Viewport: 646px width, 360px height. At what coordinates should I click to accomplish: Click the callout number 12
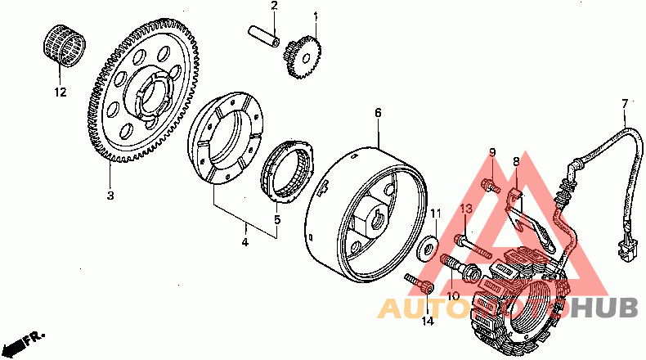[x=59, y=92]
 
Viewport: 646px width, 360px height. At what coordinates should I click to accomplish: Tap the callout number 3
[x=110, y=196]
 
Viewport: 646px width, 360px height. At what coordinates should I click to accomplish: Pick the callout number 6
[x=378, y=112]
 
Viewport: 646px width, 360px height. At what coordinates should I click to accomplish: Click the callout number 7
[x=625, y=104]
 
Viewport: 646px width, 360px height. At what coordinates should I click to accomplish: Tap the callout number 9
[x=492, y=153]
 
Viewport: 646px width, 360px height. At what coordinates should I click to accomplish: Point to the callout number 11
[x=436, y=214]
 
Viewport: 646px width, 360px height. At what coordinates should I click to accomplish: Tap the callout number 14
[x=427, y=322]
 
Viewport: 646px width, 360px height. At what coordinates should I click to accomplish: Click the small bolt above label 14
[x=419, y=285]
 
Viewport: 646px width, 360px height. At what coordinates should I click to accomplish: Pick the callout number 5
[x=277, y=219]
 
